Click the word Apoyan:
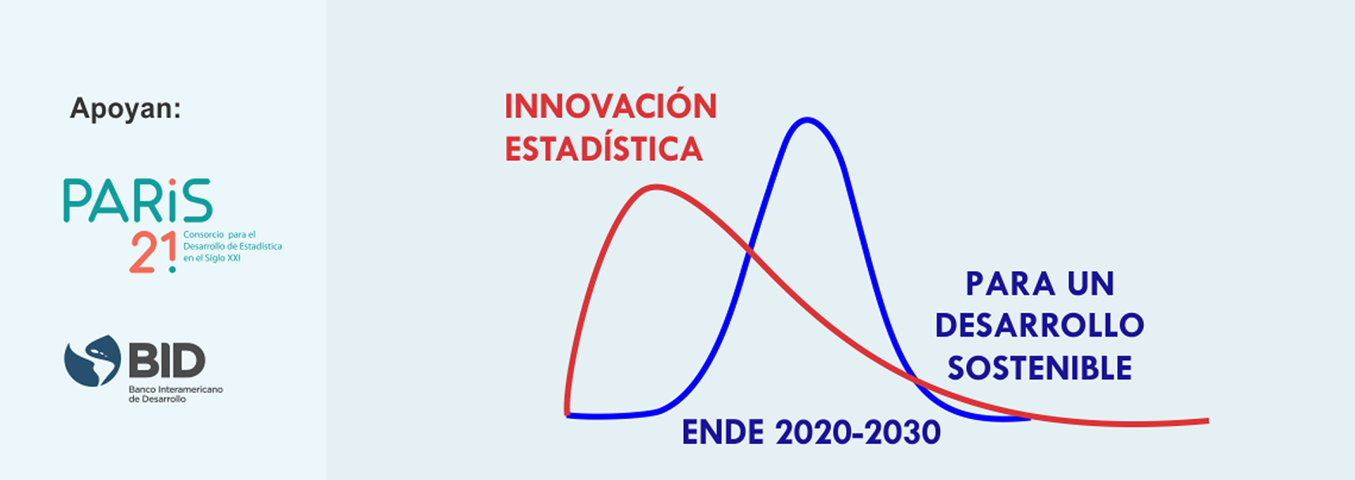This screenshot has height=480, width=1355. (126, 109)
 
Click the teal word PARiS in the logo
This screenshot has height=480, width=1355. (138, 200)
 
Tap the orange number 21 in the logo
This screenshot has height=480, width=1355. (153, 253)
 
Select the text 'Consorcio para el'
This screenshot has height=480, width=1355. (219, 234)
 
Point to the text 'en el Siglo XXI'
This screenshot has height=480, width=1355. (212, 258)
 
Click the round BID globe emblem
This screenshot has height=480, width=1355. (92, 361)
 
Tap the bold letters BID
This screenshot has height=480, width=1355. (167, 360)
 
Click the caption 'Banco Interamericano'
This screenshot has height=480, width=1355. (176, 389)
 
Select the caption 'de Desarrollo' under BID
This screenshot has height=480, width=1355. (157, 399)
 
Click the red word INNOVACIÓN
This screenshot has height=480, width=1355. (610, 106)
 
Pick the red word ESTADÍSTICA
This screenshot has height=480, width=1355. (603, 149)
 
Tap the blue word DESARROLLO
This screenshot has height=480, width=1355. (1040, 325)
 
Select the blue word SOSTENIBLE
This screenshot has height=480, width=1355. (1040, 368)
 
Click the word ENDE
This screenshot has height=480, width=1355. (723, 433)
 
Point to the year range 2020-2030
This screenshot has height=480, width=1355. (858, 433)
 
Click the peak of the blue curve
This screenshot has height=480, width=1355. (807, 120)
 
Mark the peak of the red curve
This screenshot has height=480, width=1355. (656, 187)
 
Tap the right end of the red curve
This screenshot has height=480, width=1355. (1208, 421)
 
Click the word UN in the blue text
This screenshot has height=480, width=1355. (1090, 284)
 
